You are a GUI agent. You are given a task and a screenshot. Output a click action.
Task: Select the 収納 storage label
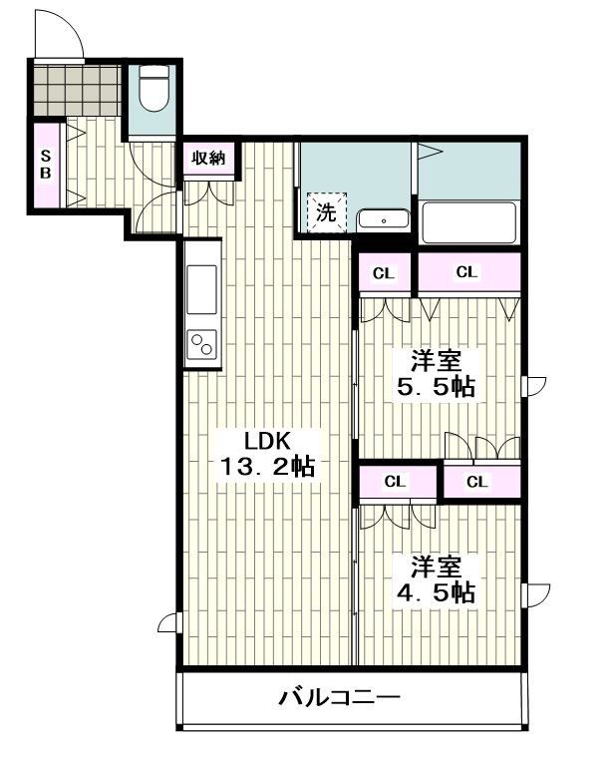[208, 159]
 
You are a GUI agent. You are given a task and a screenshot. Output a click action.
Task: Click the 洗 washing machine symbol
[326, 210]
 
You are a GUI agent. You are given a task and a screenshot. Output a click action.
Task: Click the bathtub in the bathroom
[468, 222]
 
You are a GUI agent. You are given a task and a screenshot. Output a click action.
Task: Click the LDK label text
[267, 440]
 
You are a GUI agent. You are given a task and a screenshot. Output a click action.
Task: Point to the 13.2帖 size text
[267, 466]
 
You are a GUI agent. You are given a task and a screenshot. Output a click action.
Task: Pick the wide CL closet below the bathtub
[466, 271]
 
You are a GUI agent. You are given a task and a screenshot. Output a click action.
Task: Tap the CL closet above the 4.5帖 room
[396, 482]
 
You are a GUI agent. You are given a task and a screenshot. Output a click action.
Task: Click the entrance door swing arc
[58, 35]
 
